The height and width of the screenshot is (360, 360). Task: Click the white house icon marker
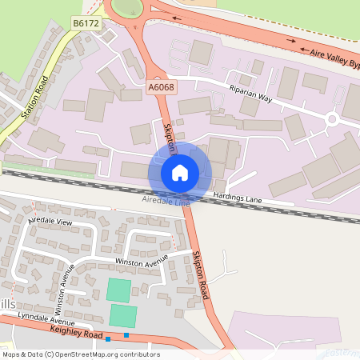coord(180,172)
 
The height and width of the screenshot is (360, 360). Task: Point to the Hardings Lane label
coord(238,197)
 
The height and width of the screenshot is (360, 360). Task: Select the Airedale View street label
coord(50,220)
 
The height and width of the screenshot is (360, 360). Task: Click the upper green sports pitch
coord(118,290)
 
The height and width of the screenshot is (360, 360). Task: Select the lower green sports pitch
coord(123,315)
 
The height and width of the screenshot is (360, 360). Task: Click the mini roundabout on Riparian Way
coord(331,119)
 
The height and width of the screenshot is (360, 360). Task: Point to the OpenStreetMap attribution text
coord(81,354)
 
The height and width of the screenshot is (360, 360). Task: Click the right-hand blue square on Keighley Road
coord(126,335)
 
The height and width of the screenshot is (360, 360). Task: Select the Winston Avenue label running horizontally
coord(142,261)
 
